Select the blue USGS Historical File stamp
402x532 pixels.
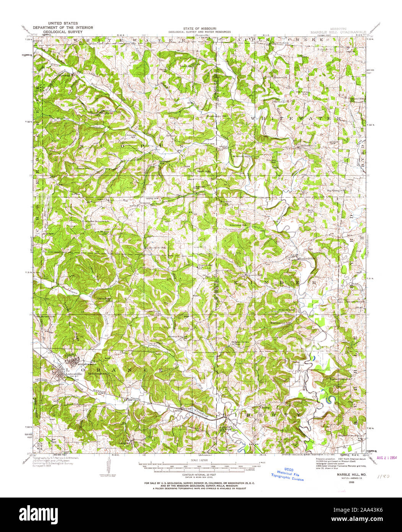click(288, 475)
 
